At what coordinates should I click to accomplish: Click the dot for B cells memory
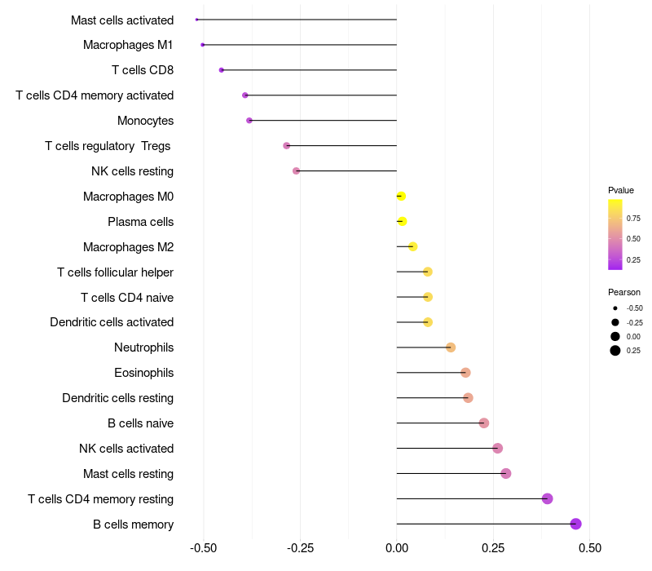(x=576, y=524)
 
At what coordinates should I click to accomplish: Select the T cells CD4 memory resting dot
(x=547, y=498)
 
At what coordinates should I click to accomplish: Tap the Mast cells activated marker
(x=197, y=19)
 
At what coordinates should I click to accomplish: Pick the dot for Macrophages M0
(x=400, y=196)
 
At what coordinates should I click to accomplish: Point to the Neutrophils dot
(x=451, y=347)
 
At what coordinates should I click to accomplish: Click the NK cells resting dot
(x=296, y=170)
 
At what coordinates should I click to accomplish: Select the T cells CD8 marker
(x=222, y=70)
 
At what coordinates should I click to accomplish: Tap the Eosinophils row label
(x=143, y=373)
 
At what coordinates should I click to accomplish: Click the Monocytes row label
(x=145, y=121)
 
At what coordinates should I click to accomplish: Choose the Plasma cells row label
(x=140, y=222)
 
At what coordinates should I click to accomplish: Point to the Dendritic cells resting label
(x=117, y=398)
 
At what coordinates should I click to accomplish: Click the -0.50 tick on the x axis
(x=203, y=548)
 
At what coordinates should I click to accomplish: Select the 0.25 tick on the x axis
(x=493, y=548)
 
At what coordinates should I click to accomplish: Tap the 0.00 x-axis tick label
(x=396, y=548)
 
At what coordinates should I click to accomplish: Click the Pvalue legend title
(x=621, y=190)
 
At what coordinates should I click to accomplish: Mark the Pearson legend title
(x=624, y=292)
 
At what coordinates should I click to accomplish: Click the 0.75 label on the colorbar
(x=633, y=218)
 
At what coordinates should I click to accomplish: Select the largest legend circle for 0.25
(x=615, y=351)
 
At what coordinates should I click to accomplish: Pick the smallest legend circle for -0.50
(x=615, y=308)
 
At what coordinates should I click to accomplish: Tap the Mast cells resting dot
(x=506, y=473)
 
